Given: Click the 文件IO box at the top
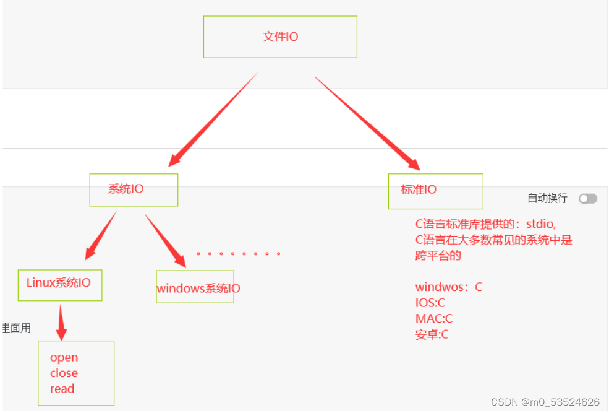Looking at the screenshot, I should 280,37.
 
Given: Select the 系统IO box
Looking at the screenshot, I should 134,189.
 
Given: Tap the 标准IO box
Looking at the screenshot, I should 435,191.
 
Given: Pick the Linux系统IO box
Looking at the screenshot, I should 59,285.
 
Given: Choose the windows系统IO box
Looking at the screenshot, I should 195,287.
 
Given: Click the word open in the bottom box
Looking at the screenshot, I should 64,358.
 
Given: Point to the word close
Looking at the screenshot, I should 64,373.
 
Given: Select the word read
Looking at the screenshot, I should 62,389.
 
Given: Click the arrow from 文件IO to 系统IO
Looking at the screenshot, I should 213,120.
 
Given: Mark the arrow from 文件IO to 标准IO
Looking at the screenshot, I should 367,123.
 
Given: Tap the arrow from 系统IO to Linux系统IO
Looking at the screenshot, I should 101,235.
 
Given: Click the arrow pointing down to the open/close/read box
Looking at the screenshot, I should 61,323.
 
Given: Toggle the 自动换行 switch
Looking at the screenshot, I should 588,199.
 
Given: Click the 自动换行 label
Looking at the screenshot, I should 547,198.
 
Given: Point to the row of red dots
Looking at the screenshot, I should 238,254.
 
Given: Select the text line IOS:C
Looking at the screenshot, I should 430,303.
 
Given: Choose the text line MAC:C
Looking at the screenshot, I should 434,319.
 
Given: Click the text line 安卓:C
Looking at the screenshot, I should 432,335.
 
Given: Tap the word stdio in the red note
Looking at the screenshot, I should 540,224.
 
